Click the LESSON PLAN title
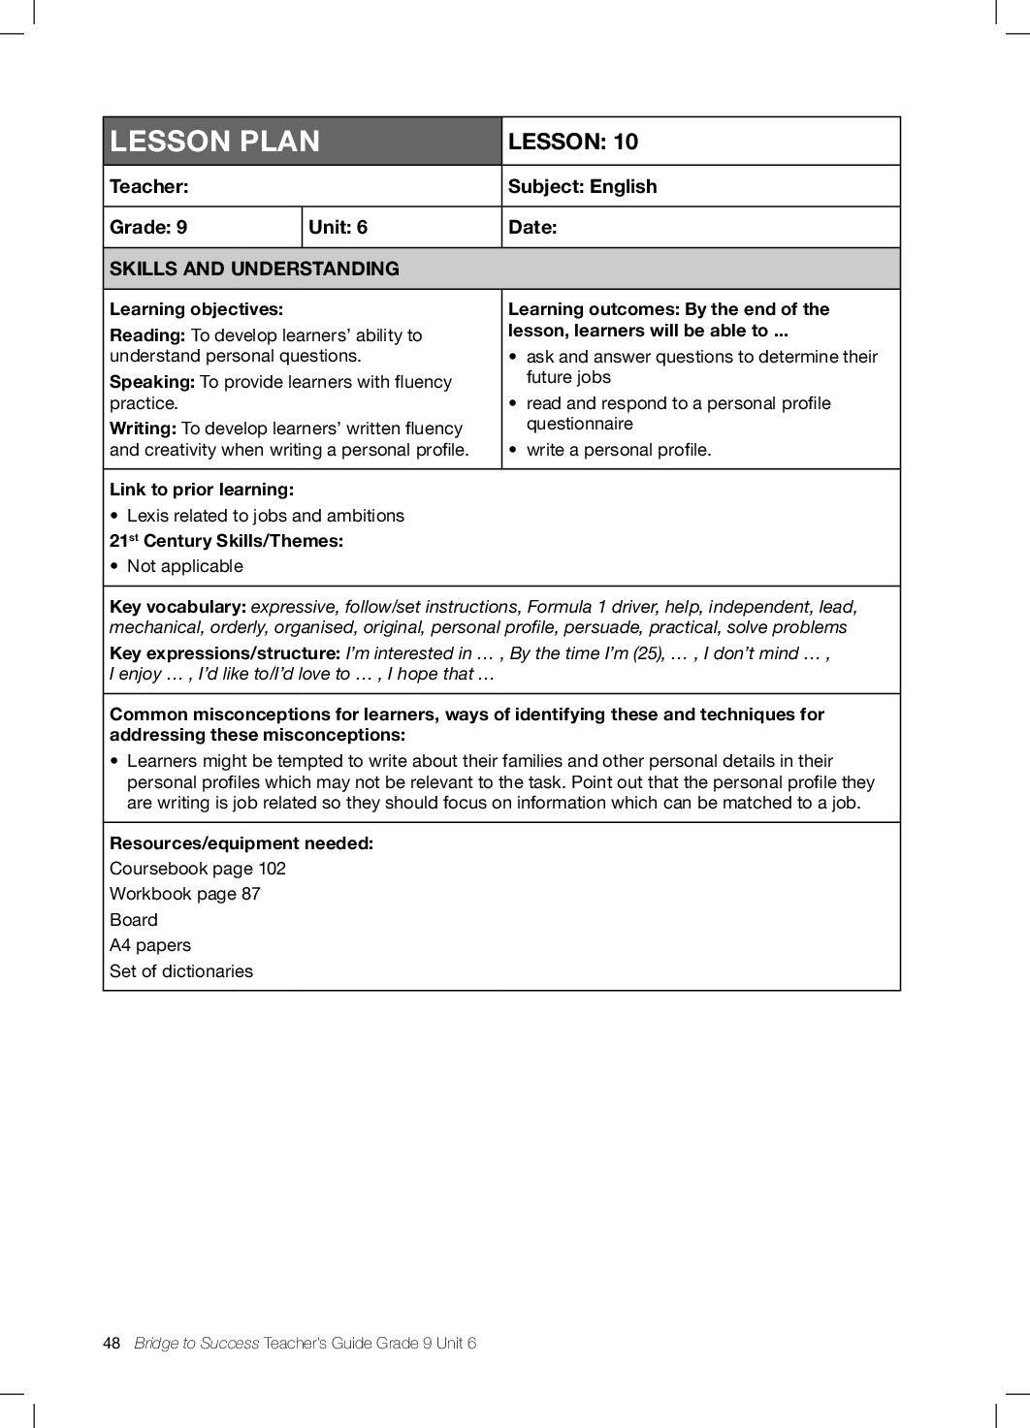pos(214,142)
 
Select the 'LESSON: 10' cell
pos(573,142)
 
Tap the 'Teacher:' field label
pos(149,186)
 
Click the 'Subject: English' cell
pos(582,186)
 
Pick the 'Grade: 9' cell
pos(148,227)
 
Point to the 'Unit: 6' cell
pos(338,227)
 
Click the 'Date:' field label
pos(532,227)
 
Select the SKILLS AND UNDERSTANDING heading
pos(254,269)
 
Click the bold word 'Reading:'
pos(147,335)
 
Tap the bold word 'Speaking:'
pos(152,382)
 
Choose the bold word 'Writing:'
pos(143,428)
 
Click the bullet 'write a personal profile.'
pos(619,450)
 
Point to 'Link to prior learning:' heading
pos(202,490)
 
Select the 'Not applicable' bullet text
pos(185,566)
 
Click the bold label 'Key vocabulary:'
pos(177,607)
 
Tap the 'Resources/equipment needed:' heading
pos(241,843)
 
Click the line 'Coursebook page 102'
pos(198,869)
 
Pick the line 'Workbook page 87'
pos(185,894)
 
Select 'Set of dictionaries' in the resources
pos(181,971)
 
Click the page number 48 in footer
pos(112,1343)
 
